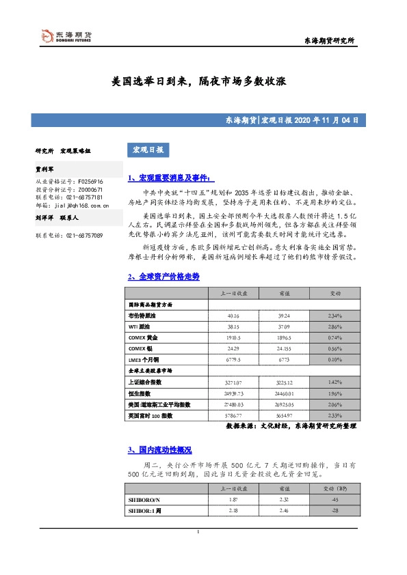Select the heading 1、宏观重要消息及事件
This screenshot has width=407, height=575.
click(x=166, y=178)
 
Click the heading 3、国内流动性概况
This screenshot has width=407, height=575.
click(x=159, y=450)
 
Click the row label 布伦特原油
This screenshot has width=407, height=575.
click(x=142, y=316)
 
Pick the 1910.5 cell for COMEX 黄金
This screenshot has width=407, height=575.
click(x=233, y=337)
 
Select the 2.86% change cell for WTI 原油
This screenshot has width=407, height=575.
click(x=336, y=327)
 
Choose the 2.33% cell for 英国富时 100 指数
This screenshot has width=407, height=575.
click(x=336, y=415)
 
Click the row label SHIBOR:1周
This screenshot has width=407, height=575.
click(x=141, y=510)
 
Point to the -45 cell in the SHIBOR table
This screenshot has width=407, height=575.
click(x=336, y=500)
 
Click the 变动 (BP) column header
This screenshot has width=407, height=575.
click(x=336, y=488)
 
